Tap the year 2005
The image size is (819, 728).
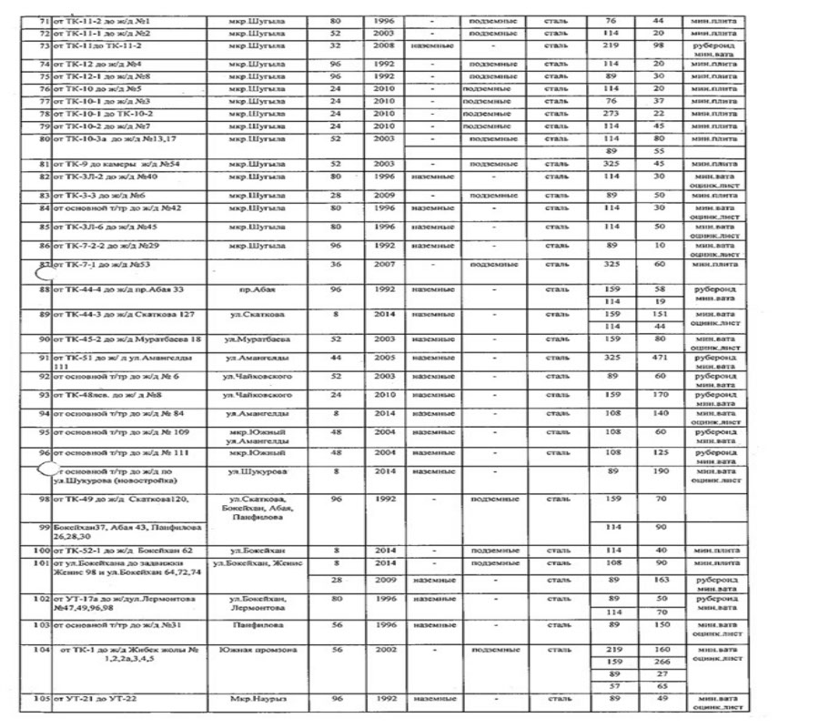(385, 359)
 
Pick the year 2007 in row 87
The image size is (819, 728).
(385, 265)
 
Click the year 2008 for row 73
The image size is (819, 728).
(385, 44)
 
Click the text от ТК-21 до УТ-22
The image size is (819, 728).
(100, 698)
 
